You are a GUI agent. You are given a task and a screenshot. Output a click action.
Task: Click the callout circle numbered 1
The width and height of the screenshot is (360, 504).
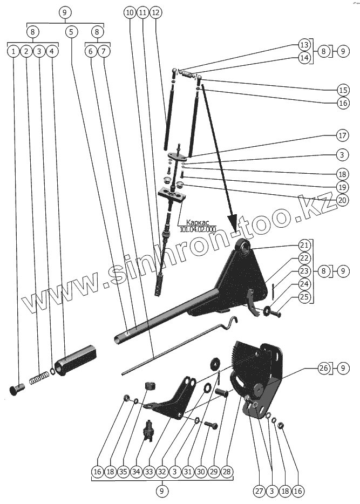coord(12,51)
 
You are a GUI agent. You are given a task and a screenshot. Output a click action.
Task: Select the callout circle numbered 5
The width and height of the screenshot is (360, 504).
coord(71,32)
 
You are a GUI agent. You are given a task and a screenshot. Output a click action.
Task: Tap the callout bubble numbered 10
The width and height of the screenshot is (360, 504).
coord(128,12)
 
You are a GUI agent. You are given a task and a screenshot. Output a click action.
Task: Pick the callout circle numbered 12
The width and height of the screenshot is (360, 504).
coord(155,12)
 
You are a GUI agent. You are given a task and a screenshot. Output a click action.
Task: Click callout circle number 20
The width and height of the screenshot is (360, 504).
coord(341,199)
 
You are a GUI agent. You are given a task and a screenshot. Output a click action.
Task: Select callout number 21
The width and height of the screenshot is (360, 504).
coord(304,244)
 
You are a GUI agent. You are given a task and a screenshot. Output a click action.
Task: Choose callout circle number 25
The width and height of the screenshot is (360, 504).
coord(304,296)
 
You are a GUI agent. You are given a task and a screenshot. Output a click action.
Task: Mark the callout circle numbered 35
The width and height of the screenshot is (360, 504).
coord(123,471)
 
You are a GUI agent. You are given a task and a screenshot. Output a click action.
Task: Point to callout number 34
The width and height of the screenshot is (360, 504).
coord(135,471)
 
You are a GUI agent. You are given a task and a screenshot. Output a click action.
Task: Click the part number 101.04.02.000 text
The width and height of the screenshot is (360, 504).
coord(193,229)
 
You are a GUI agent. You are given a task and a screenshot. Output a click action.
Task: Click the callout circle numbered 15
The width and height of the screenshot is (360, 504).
coord(341,89)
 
